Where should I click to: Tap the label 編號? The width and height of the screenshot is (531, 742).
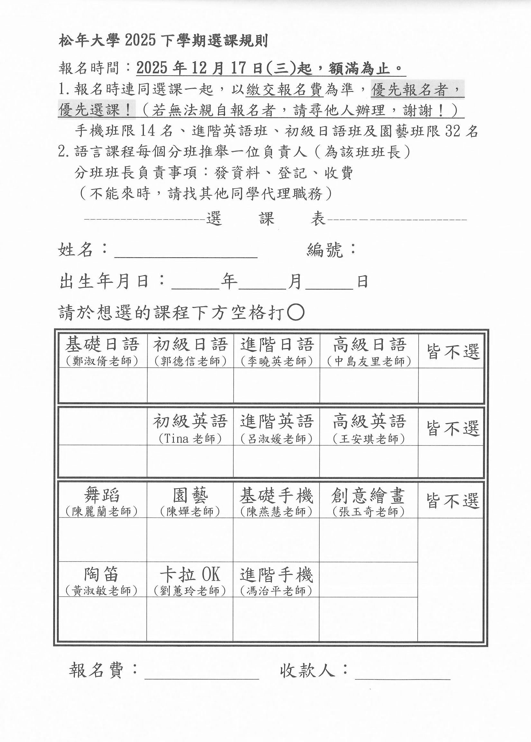click(325, 250)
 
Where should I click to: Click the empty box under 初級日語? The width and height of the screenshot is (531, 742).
click(190, 385)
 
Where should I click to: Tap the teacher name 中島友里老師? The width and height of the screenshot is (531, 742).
click(369, 362)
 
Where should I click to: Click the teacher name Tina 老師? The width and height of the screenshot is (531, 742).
click(190, 439)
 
